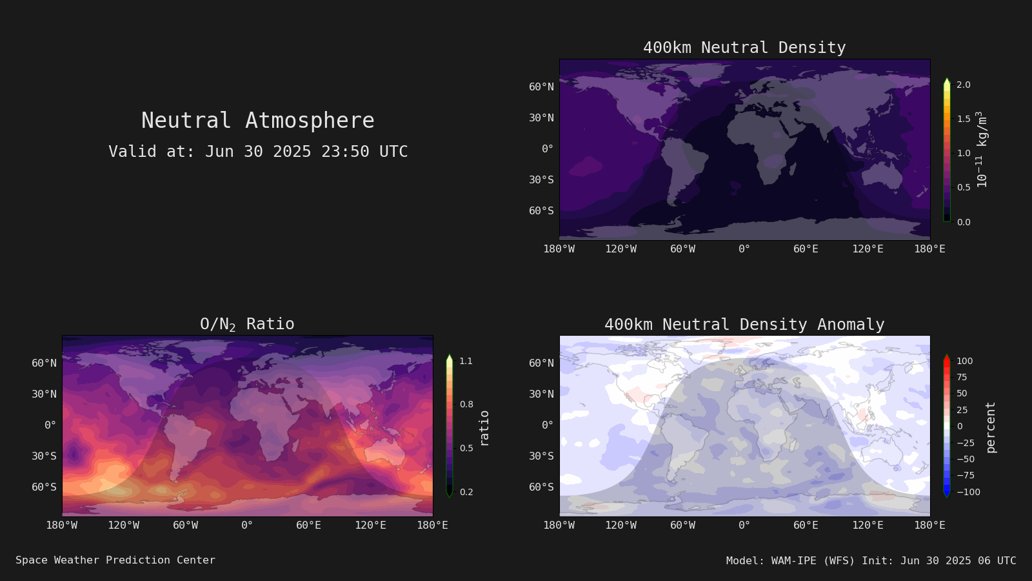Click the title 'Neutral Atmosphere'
pos(257,120)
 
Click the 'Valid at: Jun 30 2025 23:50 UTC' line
pos(258,151)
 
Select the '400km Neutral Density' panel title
pos(744,48)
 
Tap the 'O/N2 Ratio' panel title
pos(247,324)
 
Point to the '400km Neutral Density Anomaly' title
pos(744,324)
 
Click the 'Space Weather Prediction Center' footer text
pos(115,560)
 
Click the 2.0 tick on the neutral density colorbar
pos(964,85)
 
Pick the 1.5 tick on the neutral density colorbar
pos(964,119)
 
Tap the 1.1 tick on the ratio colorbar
pos(466,361)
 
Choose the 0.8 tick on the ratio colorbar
pos(466,404)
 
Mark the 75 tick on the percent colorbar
pos(962,377)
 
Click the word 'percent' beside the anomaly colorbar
pos(991,427)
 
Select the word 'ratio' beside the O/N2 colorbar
pos(484,428)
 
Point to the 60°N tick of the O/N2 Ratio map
pos(44,363)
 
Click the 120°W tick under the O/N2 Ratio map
pos(123,525)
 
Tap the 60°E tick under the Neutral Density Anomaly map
pos(806,525)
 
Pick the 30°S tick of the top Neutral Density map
pos(541,179)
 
